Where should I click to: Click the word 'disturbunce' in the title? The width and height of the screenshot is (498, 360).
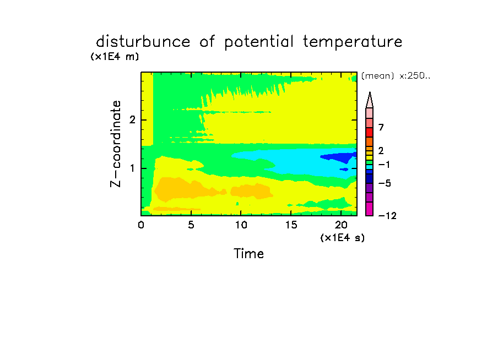click(x=143, y=41)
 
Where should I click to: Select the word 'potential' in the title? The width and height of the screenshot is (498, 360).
click(x=259, y=42)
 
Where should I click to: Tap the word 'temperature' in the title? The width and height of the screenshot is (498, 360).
click(x=353, y=42)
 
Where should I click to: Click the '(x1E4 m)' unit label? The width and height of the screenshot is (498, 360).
click(x=115, y=57)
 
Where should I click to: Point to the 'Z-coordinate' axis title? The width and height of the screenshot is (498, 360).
click(x=116, y=144)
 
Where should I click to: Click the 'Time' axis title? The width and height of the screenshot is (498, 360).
click(x=248, y=254)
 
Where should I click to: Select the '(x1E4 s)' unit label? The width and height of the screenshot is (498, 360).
click(x=343, y=237)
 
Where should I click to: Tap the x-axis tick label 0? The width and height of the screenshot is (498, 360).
click(x=141, y=225)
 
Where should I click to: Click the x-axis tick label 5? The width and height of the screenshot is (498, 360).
click(x=191, y=225)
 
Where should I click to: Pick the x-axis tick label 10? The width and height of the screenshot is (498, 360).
click(x=241, y=225)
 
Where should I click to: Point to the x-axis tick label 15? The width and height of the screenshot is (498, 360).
click(x=291, y=225)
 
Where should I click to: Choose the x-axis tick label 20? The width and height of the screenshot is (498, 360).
click(x=341, y=225)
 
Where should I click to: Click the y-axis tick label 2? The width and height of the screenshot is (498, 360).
click(x=132, y=120)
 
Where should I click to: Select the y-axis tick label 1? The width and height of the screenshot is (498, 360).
click(x=132, y=168)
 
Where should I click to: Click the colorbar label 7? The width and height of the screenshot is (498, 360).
click(x=381, y=128)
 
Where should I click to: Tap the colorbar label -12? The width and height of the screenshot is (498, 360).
click(x=387, y=216)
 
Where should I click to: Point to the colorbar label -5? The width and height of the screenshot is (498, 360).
click(x=385, y=183)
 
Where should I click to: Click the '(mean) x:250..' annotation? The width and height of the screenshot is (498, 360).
click(x=396, y=76)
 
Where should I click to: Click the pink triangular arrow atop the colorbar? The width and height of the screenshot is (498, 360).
click(x=370, y=100)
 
